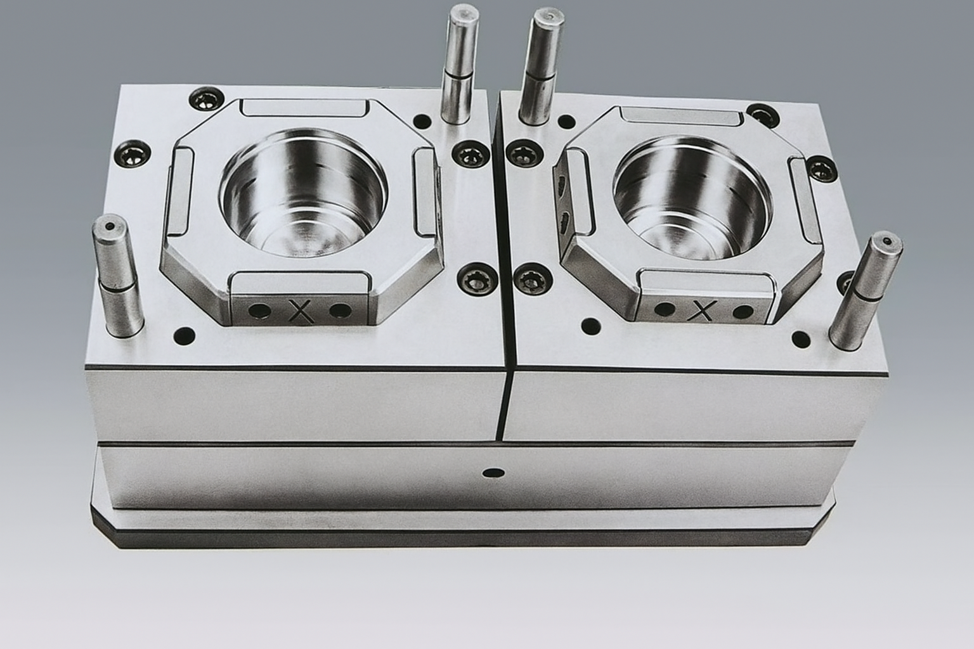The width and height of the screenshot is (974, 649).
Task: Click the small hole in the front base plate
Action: (x=491, y=473)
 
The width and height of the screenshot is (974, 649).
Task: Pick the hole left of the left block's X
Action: (x=258, y=311)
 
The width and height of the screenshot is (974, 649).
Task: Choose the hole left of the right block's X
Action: (x=664, y=310)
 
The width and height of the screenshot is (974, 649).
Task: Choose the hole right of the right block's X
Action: (x=741, y=312)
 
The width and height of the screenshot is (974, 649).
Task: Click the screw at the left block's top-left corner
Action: (x=204, y=99)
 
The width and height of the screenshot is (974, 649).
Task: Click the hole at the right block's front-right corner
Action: (x=801, y=339)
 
